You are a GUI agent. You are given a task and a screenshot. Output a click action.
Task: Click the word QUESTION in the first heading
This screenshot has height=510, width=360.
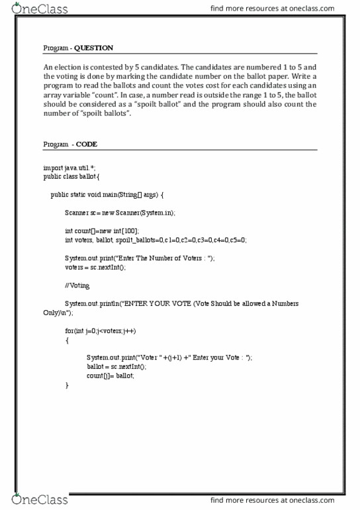[x=93, y=48]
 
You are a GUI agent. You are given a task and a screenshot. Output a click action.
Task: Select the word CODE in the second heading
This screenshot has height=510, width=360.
[x=87, y=144]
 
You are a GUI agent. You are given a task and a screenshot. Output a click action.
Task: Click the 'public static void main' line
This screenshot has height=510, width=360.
[x=111, y=195]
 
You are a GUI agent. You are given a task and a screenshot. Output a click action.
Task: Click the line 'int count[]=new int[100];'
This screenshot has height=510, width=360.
[x=102, y=231]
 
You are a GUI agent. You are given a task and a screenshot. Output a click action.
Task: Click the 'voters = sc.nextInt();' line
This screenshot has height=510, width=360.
[x=95, y=267]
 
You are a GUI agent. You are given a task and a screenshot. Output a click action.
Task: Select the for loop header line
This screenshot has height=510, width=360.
[x=101, y=331]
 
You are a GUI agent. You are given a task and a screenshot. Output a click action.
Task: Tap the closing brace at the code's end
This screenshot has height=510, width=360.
[x=67, y=385]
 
